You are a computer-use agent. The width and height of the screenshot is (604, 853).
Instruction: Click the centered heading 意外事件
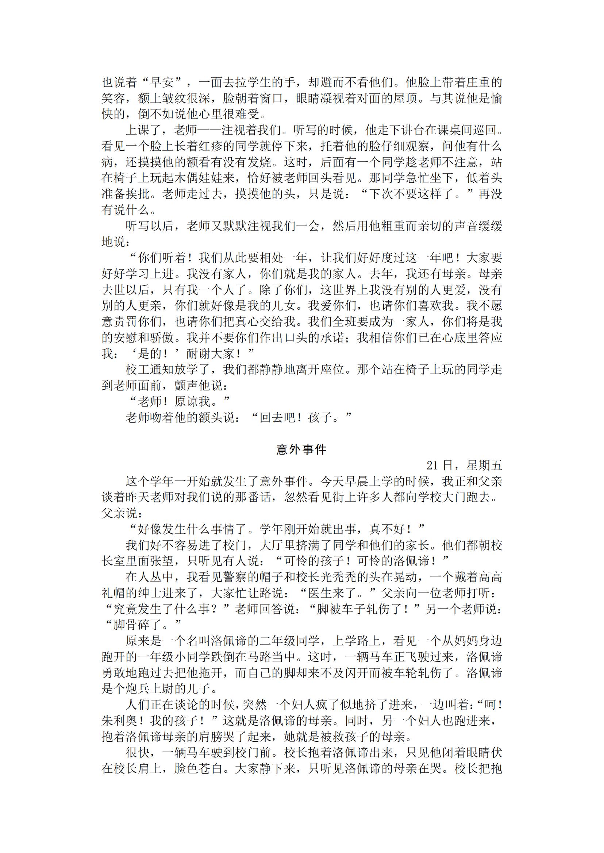[x=301, y=449]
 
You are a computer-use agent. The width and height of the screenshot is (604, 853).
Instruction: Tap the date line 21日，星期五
[x=464, y=466]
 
